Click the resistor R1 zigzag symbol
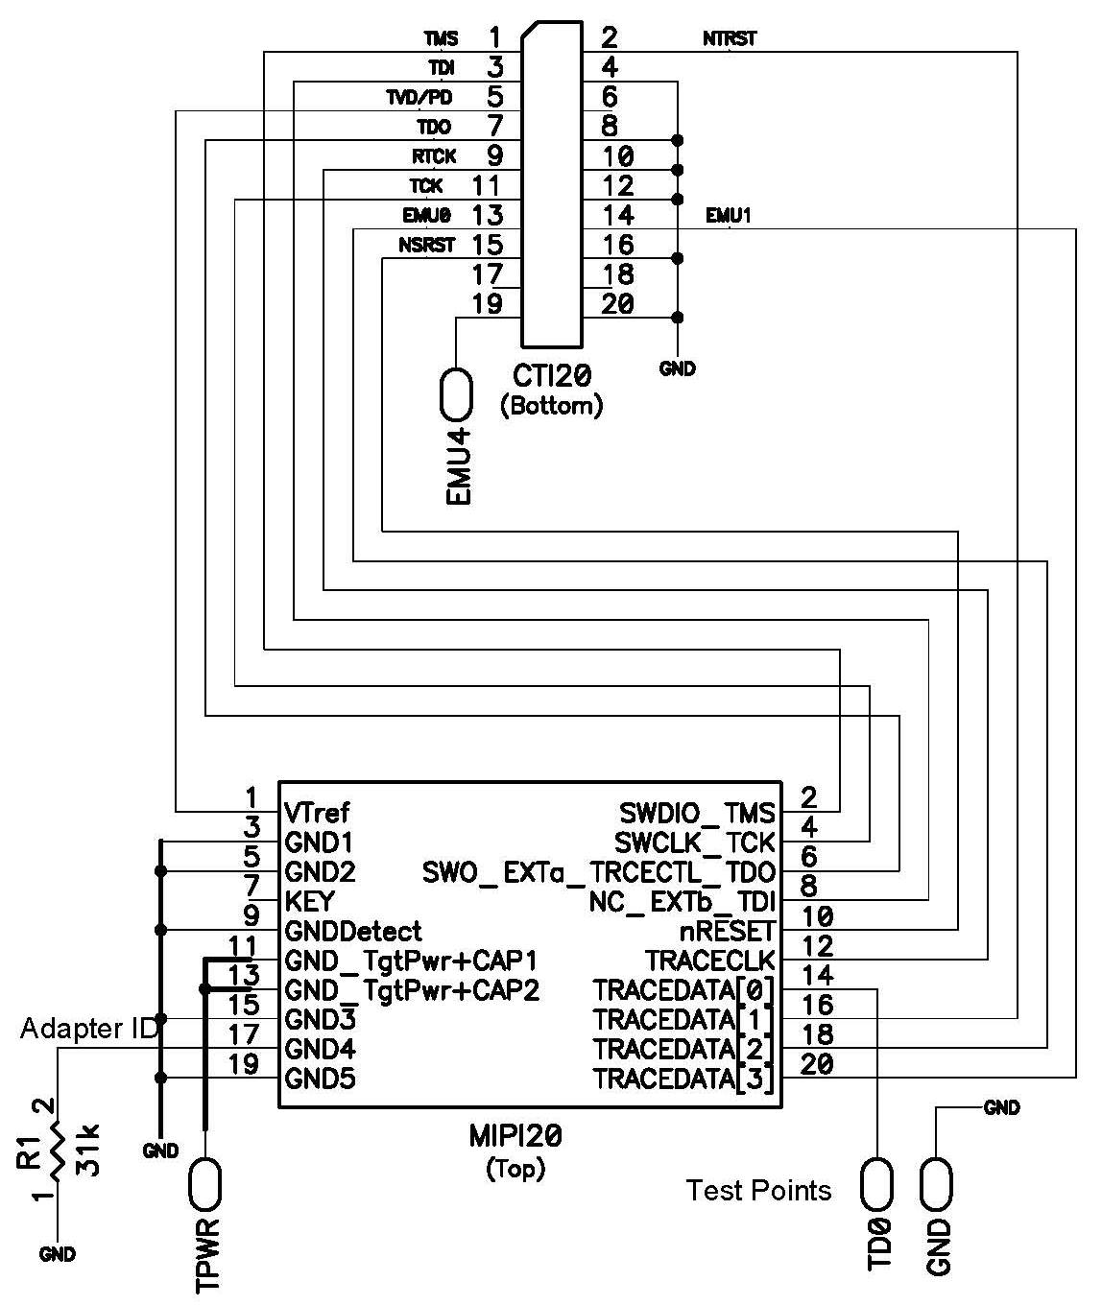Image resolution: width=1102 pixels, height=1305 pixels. (58, 1151)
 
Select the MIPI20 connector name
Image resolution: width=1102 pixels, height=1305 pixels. (515, 1137)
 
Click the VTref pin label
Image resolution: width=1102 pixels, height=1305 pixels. (318, 814)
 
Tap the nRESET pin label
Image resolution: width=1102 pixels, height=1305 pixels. (726, 931)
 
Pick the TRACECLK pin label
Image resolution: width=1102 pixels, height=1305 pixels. (709, 961)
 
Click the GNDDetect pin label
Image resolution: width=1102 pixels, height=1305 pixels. (352, 931)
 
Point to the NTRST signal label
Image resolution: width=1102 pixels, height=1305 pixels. (730, 38)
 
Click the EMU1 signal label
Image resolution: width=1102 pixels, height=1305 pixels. (729, 216)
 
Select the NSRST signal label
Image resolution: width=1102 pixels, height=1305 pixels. (426, 246)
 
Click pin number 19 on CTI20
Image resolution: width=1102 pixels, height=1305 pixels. (489, 304)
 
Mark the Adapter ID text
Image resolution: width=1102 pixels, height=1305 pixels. (88, 1029)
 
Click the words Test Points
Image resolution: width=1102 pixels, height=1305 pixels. (758, 1191)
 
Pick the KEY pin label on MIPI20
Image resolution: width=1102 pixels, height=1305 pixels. (309, 902)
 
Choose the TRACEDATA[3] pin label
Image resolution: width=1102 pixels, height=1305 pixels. (683, 1079)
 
